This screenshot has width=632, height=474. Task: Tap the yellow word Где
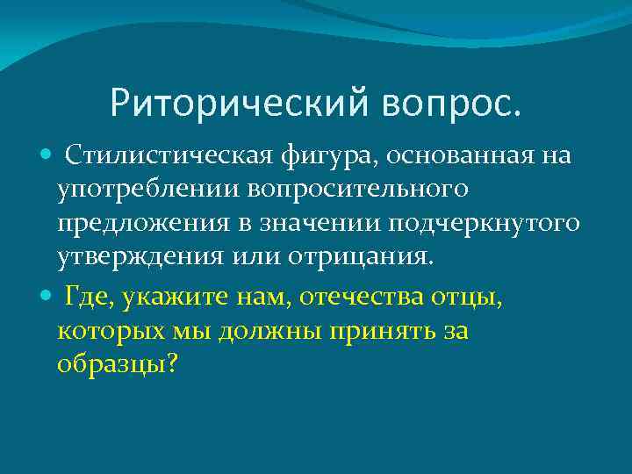click(90, 299)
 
